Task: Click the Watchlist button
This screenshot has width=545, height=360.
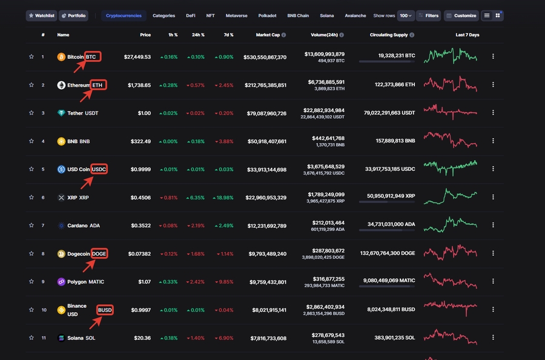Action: (42, 15)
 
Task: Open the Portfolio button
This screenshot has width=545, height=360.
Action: (73, 15)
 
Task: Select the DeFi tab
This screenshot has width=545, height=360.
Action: (191, 15)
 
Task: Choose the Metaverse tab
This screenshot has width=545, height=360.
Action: (236, 15)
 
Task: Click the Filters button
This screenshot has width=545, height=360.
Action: (428, 15)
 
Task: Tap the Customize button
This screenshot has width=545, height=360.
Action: (461, 15)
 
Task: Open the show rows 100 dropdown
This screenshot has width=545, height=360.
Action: (406, 15)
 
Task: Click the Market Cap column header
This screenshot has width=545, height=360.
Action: (268, 35)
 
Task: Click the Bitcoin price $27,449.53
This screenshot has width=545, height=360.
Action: (137, 57)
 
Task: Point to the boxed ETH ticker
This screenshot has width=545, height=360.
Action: (98, 85)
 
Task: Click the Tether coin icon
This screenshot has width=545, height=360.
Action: (61, 113)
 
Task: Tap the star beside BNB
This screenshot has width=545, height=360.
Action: (31, 141)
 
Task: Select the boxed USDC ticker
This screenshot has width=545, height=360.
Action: (99, 169)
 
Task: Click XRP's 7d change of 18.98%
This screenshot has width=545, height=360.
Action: (223, 198)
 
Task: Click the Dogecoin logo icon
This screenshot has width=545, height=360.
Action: (61, 254)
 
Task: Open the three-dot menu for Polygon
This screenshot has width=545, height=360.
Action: (493, 282)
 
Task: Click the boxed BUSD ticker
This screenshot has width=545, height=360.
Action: (105, 310)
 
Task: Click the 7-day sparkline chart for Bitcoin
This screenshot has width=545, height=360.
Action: (451, 56)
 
